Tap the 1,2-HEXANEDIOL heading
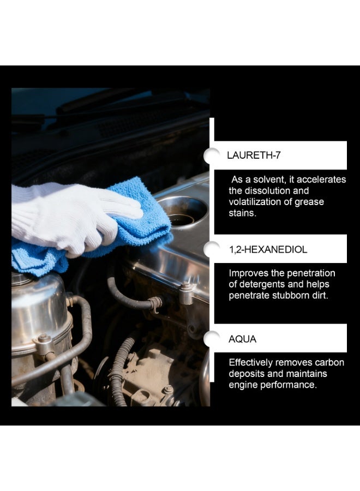pyautogui.click(x=268, y=250)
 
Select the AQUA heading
pyautogui.click(x=242, y=339)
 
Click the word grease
pyautogui.click(x=310, y=202)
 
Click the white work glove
pyautogui.click(x=65, y=215)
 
